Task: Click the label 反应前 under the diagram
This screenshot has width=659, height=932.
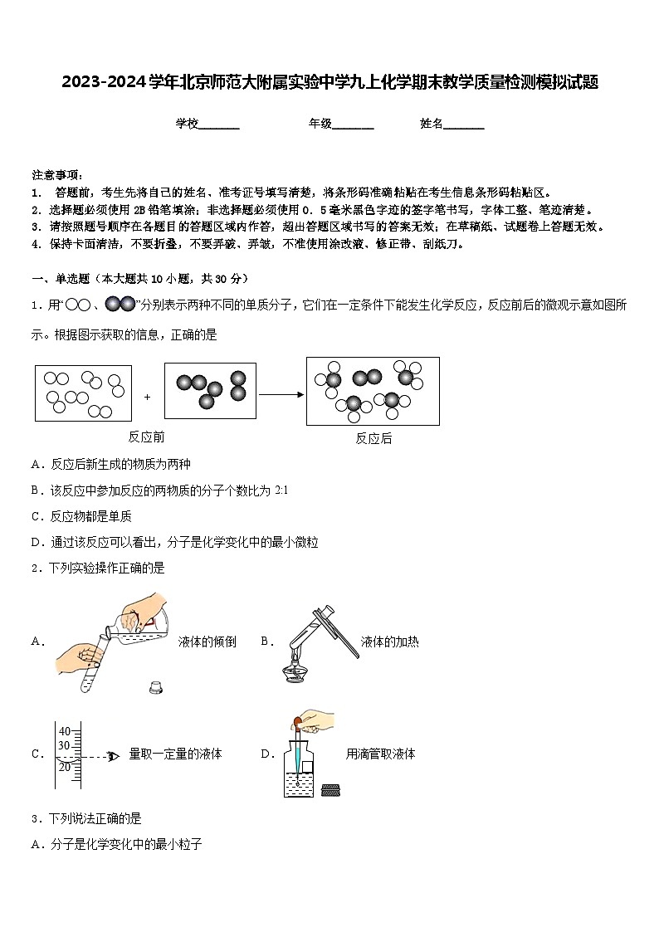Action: pyautogui.click(x=146, y=437)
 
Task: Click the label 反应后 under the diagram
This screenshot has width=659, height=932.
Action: pyautogui.click(x=373, y=439)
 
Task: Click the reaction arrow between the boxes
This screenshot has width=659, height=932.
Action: pyautogui.click(x=281, y=395)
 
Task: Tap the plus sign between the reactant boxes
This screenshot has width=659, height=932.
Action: pyautogui.click(x=148, y=397)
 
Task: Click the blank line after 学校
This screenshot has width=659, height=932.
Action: pyautogui.click(x=219, y=124)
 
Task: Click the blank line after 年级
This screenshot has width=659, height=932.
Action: pyautogui.click(x=353, y=124)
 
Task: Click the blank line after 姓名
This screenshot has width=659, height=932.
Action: pyautogui.click(x=464, y=124)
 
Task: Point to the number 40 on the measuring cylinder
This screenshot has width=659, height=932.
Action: pyautogui.click(x=64, y=731)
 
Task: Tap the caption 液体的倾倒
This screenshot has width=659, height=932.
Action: pyautogui.click(x=207, y=642)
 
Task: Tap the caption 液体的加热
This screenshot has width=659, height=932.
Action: pyautogui.click(x=389, y=642)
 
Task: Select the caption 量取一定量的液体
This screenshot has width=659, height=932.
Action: pyautogui.click(x=175, y=754)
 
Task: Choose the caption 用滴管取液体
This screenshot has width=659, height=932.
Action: pyautogui.click(x=380, y=754)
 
